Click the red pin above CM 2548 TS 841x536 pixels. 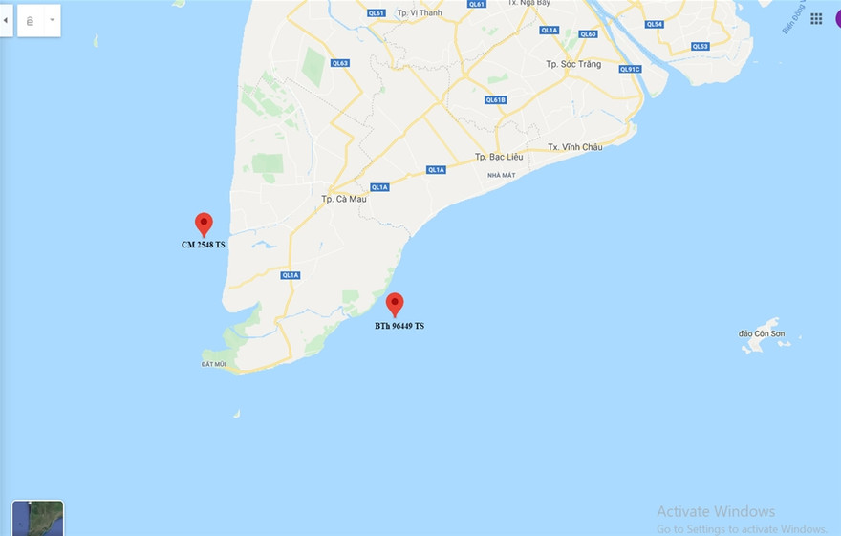[x=204, y=224]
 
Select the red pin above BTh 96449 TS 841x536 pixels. [x=395, y=304]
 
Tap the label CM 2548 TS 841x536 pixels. [x=204, y=245]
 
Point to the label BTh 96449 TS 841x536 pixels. [x=399, y=326]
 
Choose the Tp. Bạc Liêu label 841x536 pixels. [x=502, y=157]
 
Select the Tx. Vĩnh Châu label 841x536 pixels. [x=575, y=147]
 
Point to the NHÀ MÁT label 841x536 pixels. [x=501, y=175]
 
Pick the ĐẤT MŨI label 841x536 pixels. [x=213, y=364]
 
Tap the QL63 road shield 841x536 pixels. [x=339, y=63]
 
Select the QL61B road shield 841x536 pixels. [x=495, y=99]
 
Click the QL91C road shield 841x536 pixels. [x=629, y=69]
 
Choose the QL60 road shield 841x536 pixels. [x=588, y=33]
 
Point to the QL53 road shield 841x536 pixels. [x=701, y=46]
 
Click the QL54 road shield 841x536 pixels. [x=654, y=24]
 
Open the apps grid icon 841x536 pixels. [x=816, y=18]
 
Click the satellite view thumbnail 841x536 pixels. [x=38, y=518]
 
